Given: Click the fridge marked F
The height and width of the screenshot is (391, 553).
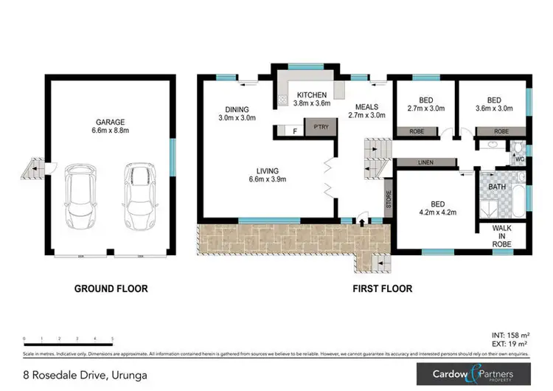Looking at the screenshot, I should point(295,131).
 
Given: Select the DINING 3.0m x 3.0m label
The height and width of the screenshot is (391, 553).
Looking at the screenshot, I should point(237,113).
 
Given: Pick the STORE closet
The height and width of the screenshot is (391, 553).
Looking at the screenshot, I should point(388,198).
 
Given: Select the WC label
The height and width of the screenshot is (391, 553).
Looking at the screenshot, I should point(519,159).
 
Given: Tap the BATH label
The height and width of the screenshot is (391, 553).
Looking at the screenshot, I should point(498,188).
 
